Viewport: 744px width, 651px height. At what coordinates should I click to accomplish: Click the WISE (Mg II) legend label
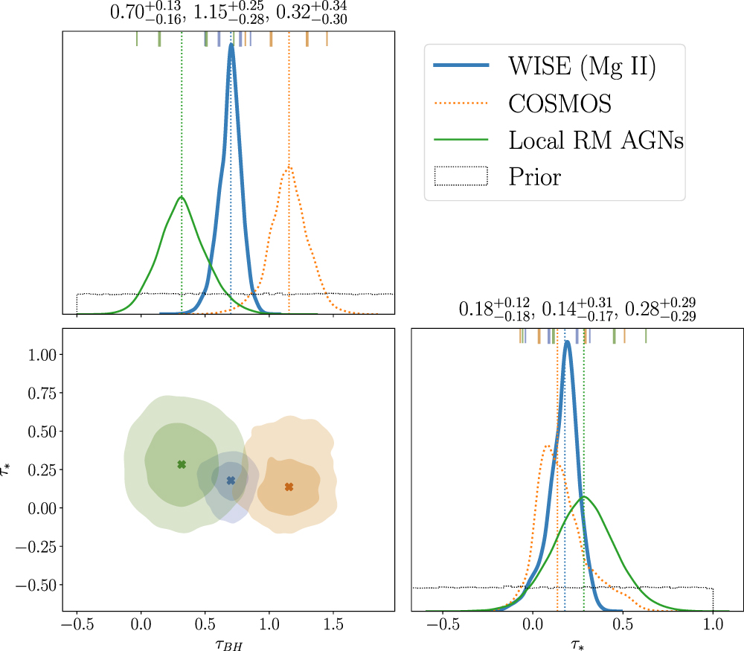point(581,67)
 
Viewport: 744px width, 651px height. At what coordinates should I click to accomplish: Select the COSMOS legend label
point(560,103)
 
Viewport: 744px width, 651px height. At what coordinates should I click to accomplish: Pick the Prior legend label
point(535,176)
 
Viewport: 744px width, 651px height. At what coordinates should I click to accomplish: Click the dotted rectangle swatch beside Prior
point(461,176)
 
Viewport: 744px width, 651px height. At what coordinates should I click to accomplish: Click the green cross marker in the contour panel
point(182,464)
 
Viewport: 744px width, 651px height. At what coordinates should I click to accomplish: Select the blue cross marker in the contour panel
point(231,481)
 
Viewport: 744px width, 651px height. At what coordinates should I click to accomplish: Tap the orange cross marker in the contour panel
point(289,487)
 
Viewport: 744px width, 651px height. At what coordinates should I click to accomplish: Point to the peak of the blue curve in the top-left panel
point(231,45)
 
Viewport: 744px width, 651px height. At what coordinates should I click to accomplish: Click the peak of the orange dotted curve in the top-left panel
point(289,167)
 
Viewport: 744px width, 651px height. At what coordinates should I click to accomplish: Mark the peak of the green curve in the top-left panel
point(181,197)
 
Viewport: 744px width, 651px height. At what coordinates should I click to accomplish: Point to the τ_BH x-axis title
point(228,643)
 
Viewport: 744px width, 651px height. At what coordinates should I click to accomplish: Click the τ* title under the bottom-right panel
point(578,643)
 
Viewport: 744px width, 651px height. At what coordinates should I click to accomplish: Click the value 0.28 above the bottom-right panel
point(639,310)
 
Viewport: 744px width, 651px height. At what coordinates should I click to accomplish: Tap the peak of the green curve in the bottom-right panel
point(585,496)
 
